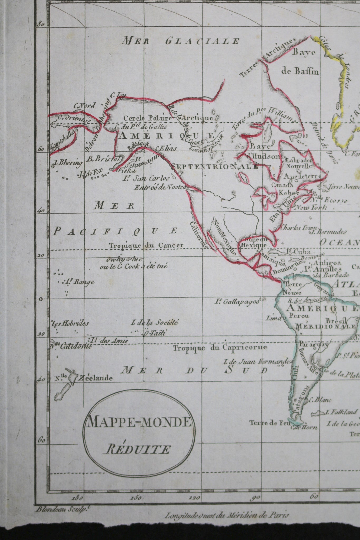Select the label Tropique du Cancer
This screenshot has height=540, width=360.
pyautogui.click(x=146, y=245)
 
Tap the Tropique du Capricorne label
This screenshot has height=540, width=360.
pyautogui.click(x=220, y=347)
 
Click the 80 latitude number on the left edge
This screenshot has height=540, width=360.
pyautogui.click(x=41, y=24)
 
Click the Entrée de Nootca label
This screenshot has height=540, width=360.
pyautogui.click(x=160, y=187)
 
